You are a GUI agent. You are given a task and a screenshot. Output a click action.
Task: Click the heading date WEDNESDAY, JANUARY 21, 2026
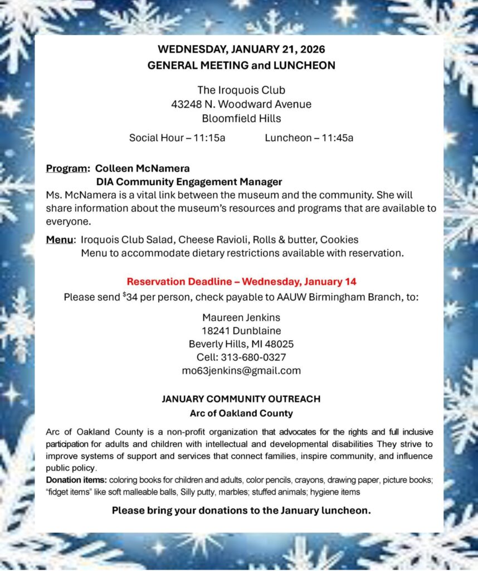(x=241, y=49)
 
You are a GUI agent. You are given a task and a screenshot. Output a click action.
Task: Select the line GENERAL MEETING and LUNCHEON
(x=241, y=65)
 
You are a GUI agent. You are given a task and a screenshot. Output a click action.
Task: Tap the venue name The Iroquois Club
(x=241, y=90)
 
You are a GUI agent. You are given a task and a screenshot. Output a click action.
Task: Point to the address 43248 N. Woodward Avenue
(x=241, y=104)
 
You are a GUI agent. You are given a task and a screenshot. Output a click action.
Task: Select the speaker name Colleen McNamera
(x=143, y=168)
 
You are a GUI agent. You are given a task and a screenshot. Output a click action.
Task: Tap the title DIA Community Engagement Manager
(x=189, y=182)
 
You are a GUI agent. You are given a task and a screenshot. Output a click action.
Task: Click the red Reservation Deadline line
(x=241, y=282)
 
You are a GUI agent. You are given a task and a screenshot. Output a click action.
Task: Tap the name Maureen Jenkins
(x=241, y=317)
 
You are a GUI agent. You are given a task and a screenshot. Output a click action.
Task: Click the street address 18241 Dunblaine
(x=241, y=331)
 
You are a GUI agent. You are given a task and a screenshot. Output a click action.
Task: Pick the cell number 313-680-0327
(x=253, y=357)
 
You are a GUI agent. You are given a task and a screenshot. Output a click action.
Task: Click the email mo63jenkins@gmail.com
(x=241, y=371)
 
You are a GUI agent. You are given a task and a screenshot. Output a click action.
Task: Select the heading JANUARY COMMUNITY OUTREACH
(x=241, y=399)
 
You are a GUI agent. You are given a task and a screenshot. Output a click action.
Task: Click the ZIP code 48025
(x=280, y=344)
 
